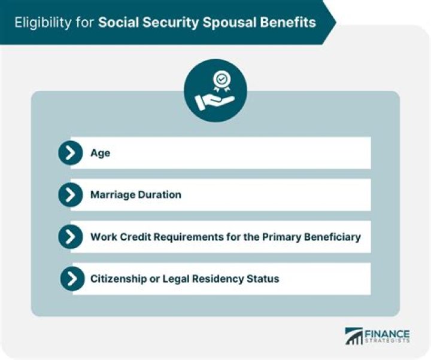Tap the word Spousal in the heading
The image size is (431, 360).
[x=235, y=22]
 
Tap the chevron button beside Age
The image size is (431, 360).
[x=71, y=153]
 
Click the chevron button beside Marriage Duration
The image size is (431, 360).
[x=71, y=195]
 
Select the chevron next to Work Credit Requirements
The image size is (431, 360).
[x=71, y=237]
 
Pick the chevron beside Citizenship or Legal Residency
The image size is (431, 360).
[x=72, y=279]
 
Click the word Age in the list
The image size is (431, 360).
[x=100, y=154]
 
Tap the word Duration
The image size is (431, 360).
[x=160, y=195]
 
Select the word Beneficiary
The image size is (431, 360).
[x=331, y=237]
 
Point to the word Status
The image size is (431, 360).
[x=263, y=279]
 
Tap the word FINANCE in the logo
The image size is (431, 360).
[x=387, y=334]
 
